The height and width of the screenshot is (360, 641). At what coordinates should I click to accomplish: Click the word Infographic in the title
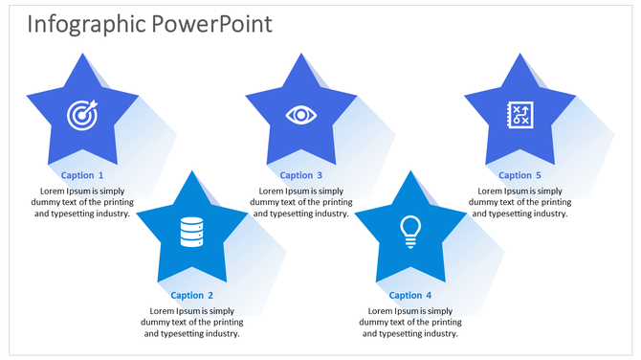84,24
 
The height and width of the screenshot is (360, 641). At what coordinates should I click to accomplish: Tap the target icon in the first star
82,115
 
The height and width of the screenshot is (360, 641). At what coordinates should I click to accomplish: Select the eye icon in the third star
300,115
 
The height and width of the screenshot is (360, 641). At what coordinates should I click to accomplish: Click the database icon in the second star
191,231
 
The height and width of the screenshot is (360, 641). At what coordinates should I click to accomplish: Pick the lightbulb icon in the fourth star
410,231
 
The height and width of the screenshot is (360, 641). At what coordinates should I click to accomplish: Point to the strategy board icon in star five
519,115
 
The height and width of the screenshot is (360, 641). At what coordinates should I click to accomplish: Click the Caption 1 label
82,175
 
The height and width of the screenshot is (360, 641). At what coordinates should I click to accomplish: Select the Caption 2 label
191,296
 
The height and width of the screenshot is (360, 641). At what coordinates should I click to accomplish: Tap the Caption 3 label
300,175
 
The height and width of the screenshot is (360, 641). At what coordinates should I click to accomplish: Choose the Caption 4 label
410,296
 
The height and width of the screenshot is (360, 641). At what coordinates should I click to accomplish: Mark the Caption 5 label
519,175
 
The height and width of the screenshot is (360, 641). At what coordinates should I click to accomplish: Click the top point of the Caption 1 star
82,56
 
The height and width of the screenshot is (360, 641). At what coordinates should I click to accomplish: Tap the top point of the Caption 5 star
519,56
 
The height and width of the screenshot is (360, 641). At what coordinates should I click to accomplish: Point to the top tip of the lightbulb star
410,173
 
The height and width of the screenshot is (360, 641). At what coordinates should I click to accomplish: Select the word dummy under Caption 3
267,202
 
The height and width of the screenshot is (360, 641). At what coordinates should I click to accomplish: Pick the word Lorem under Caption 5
491,191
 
